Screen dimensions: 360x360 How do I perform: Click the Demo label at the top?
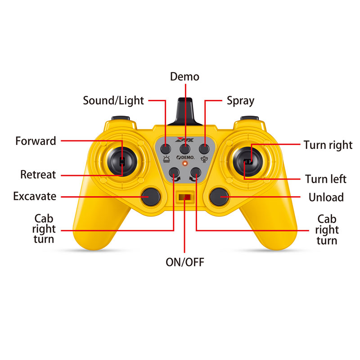pos(184,76)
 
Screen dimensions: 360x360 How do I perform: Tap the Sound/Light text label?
pos(113,100)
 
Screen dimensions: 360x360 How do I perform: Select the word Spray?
pos(240,100)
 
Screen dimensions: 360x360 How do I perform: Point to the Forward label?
pos(36,141)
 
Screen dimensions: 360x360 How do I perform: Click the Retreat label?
pos(38,175)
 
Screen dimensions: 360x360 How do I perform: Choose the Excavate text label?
pos(35,196)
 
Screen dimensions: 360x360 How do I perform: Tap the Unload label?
pos(326,197)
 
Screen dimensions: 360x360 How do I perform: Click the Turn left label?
pos(326,179)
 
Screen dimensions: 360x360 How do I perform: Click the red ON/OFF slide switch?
pos(185,197)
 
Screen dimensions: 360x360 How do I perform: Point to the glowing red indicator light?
pos(184,163)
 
